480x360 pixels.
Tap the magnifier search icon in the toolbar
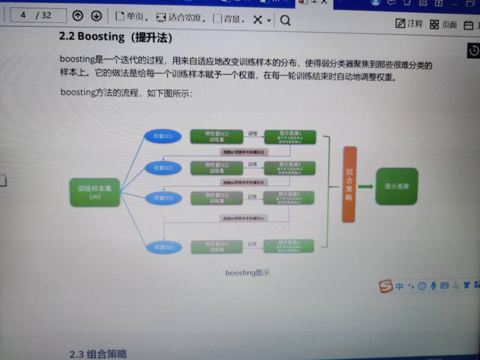(x=285, y=20)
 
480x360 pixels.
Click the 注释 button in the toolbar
(x=409, y=24)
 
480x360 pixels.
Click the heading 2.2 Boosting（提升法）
(x=115, y=38)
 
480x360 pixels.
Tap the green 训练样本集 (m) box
(x=94, y=192)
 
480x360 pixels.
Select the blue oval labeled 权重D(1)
(x=163, y=136)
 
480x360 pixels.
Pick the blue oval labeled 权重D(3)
(x=163, y=198)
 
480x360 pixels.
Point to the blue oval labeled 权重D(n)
(x=163, y=246)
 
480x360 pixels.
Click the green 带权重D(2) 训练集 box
(x=217, y=167)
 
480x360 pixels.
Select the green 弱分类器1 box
(x=290, y=137)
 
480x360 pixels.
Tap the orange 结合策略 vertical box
(x=349, y=184)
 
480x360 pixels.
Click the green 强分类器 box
(x=397, y=186)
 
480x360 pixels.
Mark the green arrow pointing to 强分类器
(x=365, y=186)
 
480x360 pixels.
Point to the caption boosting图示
(x=247, y=273)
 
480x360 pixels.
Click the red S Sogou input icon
(x=386, y=286)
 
